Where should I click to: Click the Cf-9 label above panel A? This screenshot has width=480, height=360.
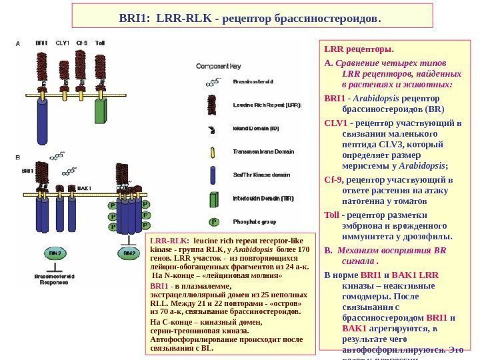[x=82, y=43]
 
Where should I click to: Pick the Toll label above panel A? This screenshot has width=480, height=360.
[x=100, y=43]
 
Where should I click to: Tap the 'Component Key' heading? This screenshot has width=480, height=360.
[x=218, y=66]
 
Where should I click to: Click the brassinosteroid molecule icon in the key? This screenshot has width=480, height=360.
[x=213, y=83]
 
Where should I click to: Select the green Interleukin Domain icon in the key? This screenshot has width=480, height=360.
[x=213, y=199]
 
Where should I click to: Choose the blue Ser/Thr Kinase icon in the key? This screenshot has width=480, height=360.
[x=213, y=175]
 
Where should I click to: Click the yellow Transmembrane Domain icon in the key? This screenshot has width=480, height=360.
[x=213, y=152]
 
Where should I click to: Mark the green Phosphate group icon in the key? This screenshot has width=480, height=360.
[x=214, y=221]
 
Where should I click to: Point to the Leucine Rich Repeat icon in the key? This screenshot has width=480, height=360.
[x=213, y=105]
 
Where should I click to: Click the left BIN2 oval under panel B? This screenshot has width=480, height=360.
[x=56, y=254]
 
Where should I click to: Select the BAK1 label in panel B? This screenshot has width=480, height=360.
[x=84, y=189]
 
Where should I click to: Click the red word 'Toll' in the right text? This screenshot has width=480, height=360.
[x=331, y=215]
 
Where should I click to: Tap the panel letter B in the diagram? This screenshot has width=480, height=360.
[x=17, y=158]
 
